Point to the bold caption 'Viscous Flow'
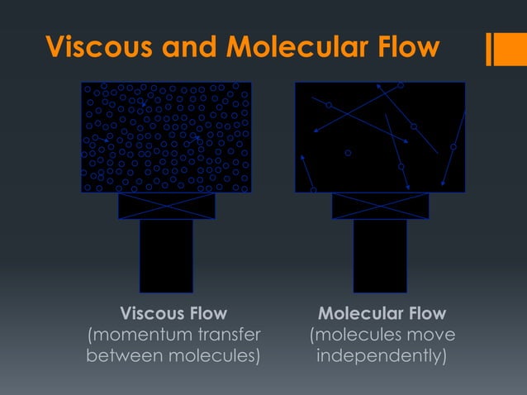[173, 314]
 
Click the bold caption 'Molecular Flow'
[382, 314]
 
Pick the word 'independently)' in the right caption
[382, 357]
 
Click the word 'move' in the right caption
[430, 336]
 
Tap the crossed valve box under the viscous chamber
[167, 206]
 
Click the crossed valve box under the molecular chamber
[380, 206]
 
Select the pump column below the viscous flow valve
[166, 255]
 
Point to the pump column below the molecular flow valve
[380, 255]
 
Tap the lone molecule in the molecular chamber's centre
[348, 152]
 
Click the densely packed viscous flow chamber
[167, 137]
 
